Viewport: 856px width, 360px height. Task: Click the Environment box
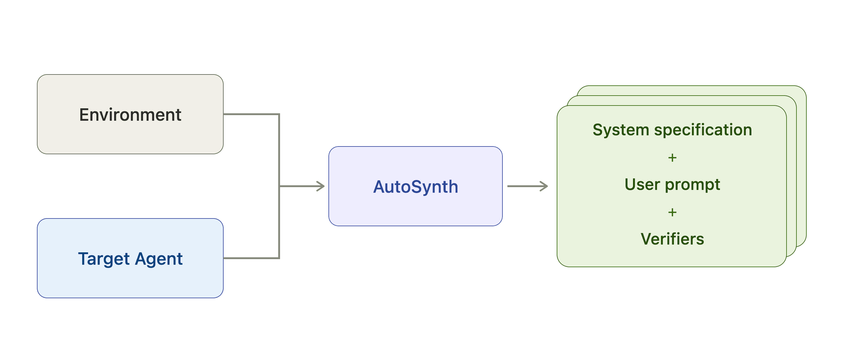click(x=130, y=114)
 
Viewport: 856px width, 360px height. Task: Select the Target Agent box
click(x=130, y=258)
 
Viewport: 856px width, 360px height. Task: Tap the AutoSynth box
click(x=415, y=186)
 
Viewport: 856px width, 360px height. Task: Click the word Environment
click(x=130, y=115)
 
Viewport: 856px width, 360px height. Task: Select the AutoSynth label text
click(x=416, y=187)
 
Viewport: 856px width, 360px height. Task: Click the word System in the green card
click(x=621, y=130)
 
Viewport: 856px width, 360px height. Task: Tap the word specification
click(x=703, y=130)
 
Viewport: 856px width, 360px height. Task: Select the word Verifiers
click(x=672, y=239)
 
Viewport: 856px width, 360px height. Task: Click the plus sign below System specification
click(x=672, y=158)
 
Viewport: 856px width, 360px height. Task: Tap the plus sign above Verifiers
click(x=672, y=212)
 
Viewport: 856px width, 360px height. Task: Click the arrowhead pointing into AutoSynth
click(x=320, y=186)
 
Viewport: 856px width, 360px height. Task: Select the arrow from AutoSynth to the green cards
click(x=528, y=186)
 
